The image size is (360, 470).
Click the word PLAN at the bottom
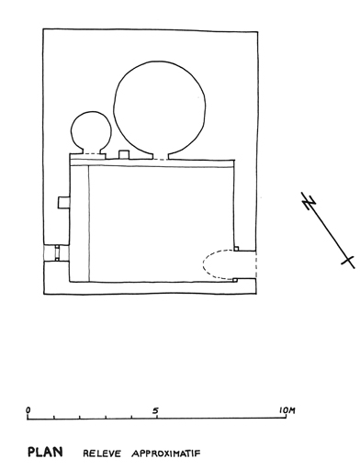(45, 452)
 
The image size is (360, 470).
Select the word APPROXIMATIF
(166, 453)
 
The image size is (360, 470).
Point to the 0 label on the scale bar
(28, 409)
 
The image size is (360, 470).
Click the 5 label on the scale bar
(156, 410)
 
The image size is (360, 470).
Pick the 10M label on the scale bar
(287, 410)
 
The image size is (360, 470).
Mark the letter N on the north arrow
(309, 202)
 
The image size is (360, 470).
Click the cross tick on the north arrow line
(348, 261)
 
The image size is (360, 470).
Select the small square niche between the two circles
(124, 154)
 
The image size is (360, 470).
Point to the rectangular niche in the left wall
(63, 203)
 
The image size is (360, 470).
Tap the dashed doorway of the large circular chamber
(160, 160)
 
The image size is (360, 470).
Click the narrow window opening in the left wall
(57, 252)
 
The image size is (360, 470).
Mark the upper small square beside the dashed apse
(236, 249)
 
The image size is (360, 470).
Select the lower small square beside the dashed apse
(235, 280)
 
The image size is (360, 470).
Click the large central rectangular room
(162, 224)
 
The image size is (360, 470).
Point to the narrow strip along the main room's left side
(79, 224)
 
